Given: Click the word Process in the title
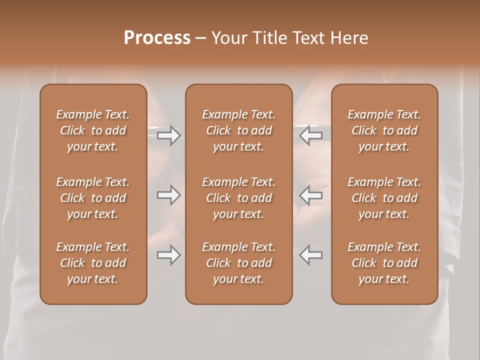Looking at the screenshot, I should [157, 38].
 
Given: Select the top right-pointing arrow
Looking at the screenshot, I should [168, 135].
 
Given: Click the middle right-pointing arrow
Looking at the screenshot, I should [168, 195].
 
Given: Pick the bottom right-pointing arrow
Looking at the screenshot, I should [168, 255].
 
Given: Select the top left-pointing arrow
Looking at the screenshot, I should [311, 135].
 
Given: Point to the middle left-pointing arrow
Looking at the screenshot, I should [311, 195].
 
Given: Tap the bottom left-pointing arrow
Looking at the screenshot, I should [311, 255].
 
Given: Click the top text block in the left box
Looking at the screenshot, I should [93, 130].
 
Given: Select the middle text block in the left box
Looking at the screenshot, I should [93, 198].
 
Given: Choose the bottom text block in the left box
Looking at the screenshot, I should [93, 263].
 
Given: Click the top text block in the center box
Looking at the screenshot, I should [239, 130].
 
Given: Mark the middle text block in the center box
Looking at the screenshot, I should [239, 198].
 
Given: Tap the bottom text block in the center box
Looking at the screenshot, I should [239, 263].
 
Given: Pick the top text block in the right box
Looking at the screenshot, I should [384, 130].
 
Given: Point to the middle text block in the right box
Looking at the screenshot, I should [384, 198].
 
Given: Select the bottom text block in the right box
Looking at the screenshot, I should [384, 263].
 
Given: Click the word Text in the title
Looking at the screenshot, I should [308, 38].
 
